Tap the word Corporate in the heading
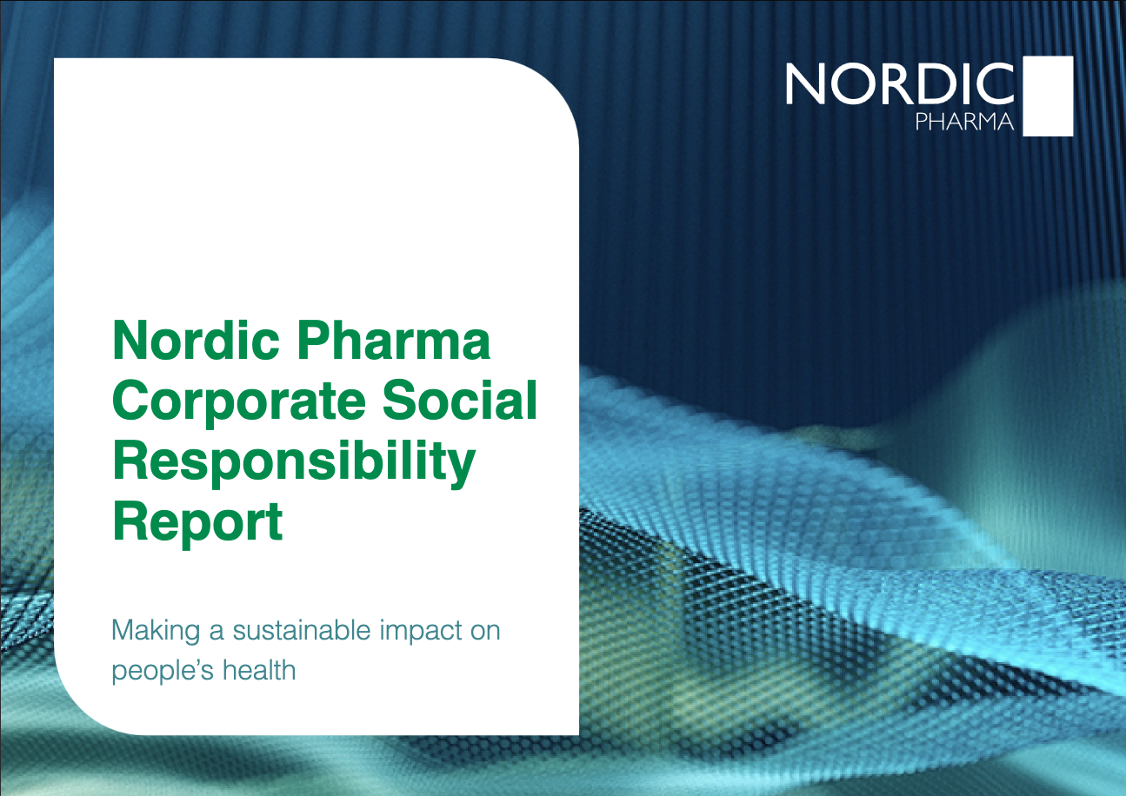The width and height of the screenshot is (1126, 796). click(239, 403)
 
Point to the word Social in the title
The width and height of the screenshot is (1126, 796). click(460, 400)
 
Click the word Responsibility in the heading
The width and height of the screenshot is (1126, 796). click(294, 463)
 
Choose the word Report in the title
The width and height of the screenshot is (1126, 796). click(197, 524)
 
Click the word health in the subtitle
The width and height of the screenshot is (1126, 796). click(259, 670)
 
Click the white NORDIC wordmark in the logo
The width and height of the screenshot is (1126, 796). click(900, 84)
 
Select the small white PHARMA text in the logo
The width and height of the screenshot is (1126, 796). click(964, 122)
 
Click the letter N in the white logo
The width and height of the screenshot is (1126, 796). click(805, 84)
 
